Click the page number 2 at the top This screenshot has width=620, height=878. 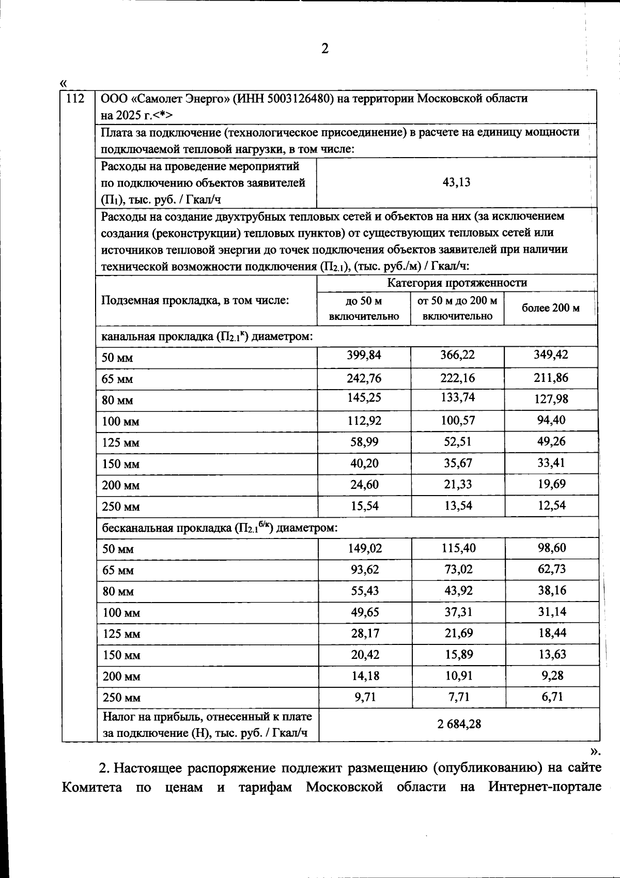click(324, 49)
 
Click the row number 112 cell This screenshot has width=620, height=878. click(75, 98)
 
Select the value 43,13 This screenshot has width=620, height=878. click(457, 182)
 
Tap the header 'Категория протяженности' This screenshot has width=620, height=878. click(457, 283)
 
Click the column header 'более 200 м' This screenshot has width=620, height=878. click(550, 308)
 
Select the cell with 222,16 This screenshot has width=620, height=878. click(457, 378)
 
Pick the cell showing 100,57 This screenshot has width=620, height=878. click(457, 420)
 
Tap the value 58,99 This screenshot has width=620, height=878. click(365, 442)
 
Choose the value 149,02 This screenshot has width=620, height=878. click(365, 548)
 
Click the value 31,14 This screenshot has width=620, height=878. click(551, 612)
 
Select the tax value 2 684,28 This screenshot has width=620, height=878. click(459, 724)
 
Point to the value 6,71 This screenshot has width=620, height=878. click(551, 697)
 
